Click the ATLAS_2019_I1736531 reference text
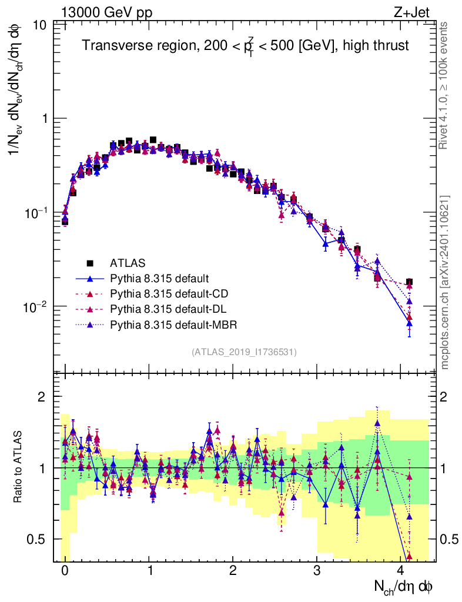pos(244,352)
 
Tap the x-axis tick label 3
pos(317,571)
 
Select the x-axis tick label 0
pos(65,571)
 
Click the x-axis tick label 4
pos(401,571)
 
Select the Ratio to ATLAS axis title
pos(19,467)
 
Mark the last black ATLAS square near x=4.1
pos(409,282)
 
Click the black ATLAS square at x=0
pos(65,222)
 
